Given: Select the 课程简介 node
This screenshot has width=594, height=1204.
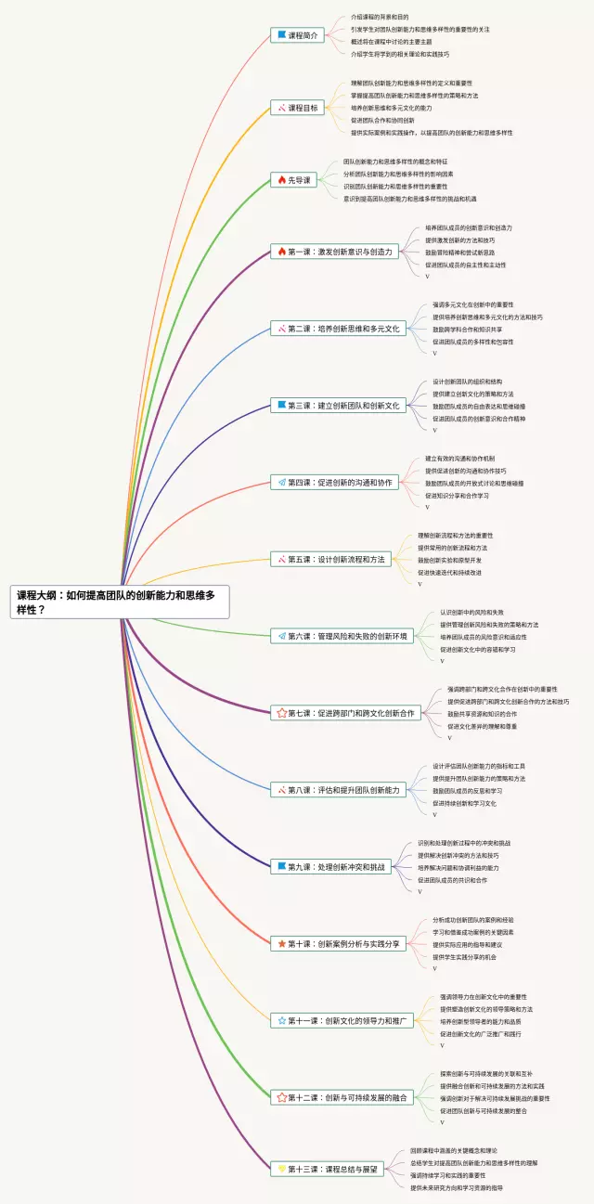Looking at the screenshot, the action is [x=297, y=34].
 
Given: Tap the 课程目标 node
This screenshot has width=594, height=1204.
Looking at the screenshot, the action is [x=297, y=108].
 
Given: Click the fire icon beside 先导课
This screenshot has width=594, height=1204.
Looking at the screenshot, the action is [x=281, y=178].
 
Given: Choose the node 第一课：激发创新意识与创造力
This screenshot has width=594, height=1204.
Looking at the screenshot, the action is [x=334, y=251].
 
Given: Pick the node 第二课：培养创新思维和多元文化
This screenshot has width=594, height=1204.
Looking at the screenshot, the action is [x=338, y=328].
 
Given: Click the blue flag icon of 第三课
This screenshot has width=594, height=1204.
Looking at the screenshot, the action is [x=281, y=405].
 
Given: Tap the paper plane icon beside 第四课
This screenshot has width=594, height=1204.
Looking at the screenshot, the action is [x=281, y=482].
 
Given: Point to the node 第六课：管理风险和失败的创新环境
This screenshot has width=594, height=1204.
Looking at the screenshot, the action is [x=342, y=636].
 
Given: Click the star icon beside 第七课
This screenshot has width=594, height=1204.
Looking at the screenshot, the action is [x=281, y=713].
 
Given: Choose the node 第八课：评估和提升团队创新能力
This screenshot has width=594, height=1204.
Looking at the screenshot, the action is [x=338, y=790].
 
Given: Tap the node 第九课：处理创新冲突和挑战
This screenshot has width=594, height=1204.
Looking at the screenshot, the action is [x=330, y=867].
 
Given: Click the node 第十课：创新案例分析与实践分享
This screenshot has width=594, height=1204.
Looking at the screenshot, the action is [x=338, y=944].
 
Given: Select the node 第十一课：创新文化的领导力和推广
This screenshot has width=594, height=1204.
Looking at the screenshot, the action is [x=342, y=1020].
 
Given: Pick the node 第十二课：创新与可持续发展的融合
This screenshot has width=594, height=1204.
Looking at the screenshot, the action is [x=342, y=1097].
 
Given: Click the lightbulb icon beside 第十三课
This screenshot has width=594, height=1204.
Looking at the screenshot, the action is [x=281, y=1169].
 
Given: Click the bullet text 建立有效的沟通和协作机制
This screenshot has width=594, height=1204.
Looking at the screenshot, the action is [x=459, y=458].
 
